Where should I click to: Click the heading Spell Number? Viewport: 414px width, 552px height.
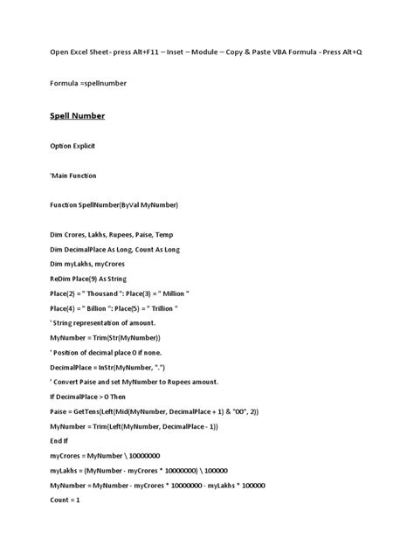coord(76,115)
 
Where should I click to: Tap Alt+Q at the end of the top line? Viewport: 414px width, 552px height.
coord(347,52)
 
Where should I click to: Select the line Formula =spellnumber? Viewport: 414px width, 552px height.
coord(88,83)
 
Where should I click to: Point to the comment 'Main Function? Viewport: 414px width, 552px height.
coord(73,176)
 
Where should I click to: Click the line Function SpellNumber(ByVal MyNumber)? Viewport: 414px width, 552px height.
coord(114,204)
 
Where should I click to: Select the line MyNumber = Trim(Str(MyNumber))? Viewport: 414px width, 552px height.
coord(105,337)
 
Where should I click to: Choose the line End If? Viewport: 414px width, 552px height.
coord(61,440)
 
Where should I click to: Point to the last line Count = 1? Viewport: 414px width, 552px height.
coord(65,500)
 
